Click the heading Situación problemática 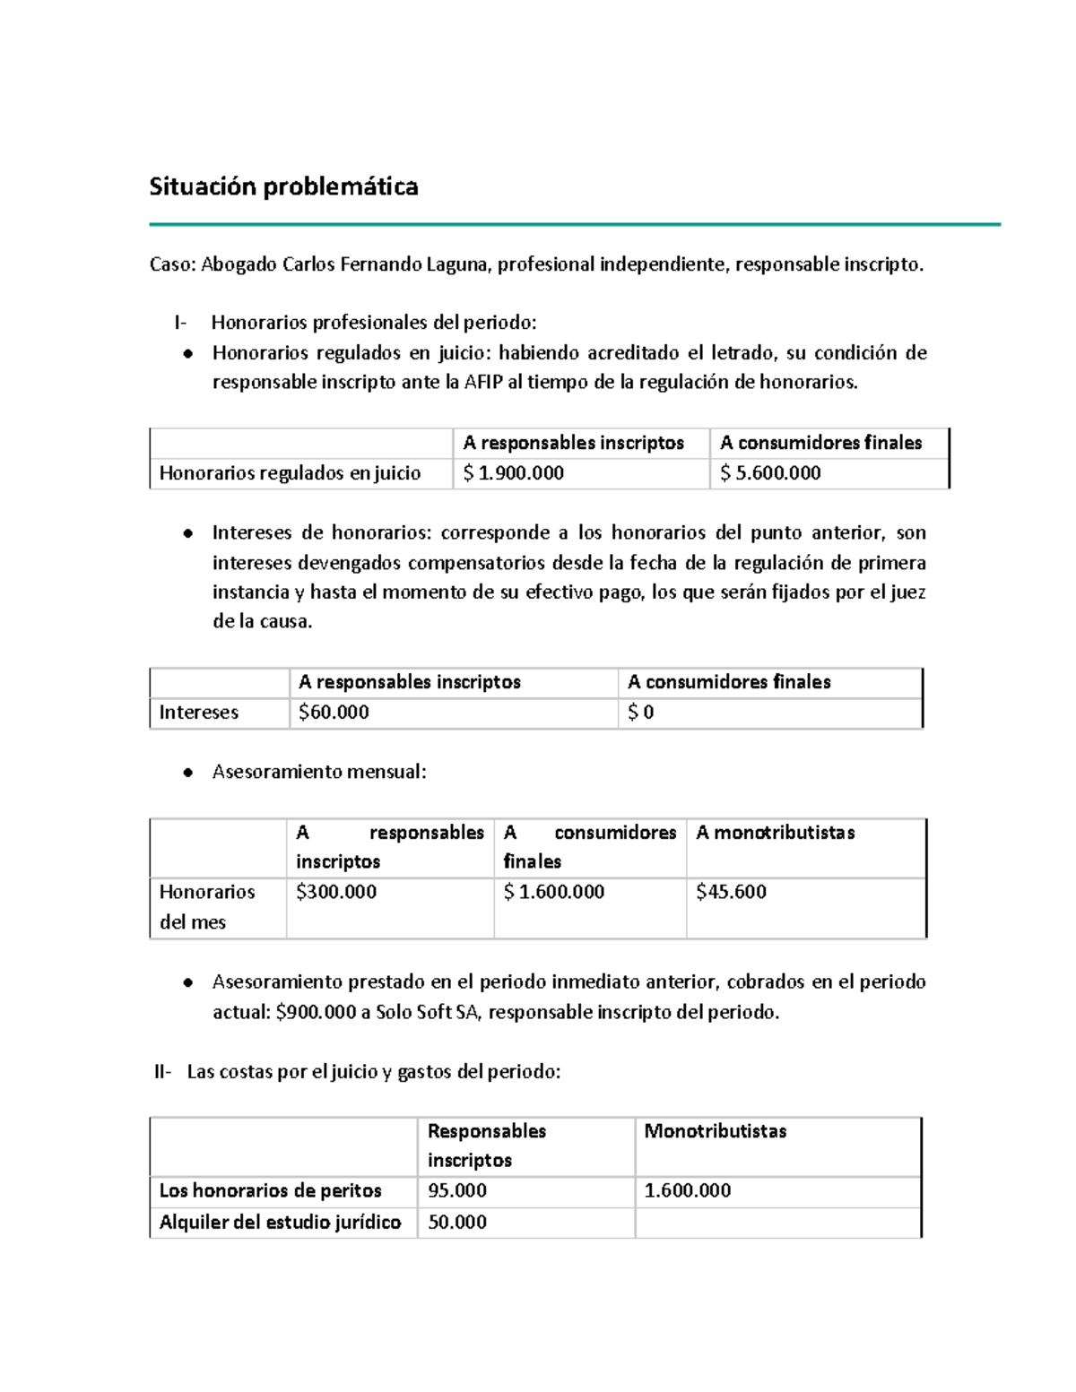[x=283, y=186]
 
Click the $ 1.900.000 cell [x=513, y=473]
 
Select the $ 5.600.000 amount [x=770, y=473]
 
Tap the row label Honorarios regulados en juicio [x=290, y=473]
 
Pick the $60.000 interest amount [x=334, y=713]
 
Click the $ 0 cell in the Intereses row [x=640, y=713]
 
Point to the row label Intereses [x=198, y=713]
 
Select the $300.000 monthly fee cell [x=336, y=892]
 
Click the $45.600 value [x=731, y=892]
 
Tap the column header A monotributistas [x=775, y=833]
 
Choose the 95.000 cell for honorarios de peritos [x=457, y=1191]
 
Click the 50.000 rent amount [x=457, y=1223]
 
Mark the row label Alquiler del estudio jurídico [x=280, y=1223]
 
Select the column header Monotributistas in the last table [x=715, y=1131]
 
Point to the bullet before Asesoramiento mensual [x=187, y=773]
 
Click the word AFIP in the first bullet [x=484, y=383]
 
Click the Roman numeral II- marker [x=162, y=1072]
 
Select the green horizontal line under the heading [x=574, y=224]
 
